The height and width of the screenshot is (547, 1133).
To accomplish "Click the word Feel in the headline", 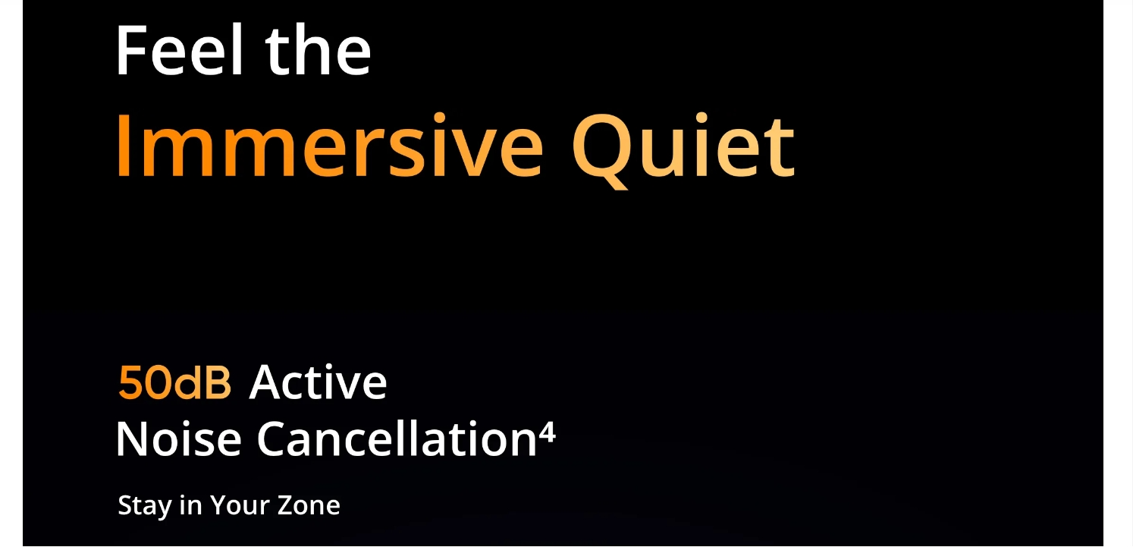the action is [180, 50].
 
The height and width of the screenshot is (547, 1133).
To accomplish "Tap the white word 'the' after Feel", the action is [319, 50].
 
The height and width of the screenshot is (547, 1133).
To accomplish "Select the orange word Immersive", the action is [330, 146].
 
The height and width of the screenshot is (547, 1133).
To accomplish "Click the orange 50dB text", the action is [174, 382].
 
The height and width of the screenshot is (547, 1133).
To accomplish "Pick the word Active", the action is [319, 382].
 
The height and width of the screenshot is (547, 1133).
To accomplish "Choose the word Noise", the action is [179, 439].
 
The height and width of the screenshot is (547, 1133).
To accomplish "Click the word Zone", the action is [309, 505].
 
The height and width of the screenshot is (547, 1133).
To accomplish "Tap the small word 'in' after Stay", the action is [190, 505].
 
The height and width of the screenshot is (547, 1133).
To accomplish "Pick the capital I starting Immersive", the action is [122, 146].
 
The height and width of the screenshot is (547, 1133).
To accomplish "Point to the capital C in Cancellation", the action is [273, 439].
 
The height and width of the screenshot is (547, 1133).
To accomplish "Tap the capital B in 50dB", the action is [218, 382].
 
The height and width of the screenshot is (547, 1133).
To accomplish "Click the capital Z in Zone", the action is [287, 505].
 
